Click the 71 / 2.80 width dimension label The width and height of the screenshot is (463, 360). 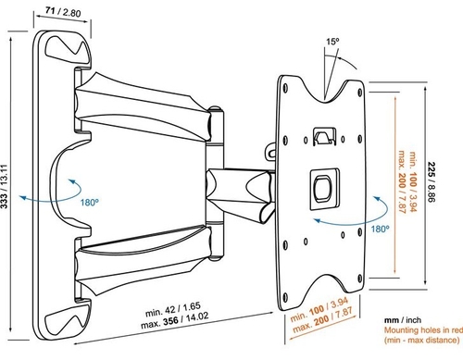tap(63, 12)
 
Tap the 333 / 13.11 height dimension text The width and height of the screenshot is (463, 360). tap(4, 187)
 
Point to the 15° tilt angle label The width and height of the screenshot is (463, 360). tap(332, 42)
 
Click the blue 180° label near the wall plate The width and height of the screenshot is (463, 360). tap(90, 203)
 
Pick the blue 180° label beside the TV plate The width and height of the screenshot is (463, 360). tap(380, 229)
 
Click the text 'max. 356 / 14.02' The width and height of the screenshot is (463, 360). tap(175, 321)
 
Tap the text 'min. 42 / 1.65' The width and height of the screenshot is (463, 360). tap(173, 310)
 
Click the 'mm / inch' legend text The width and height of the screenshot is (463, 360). tap(403, 320)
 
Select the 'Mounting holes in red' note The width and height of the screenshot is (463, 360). tap(423, 330)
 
